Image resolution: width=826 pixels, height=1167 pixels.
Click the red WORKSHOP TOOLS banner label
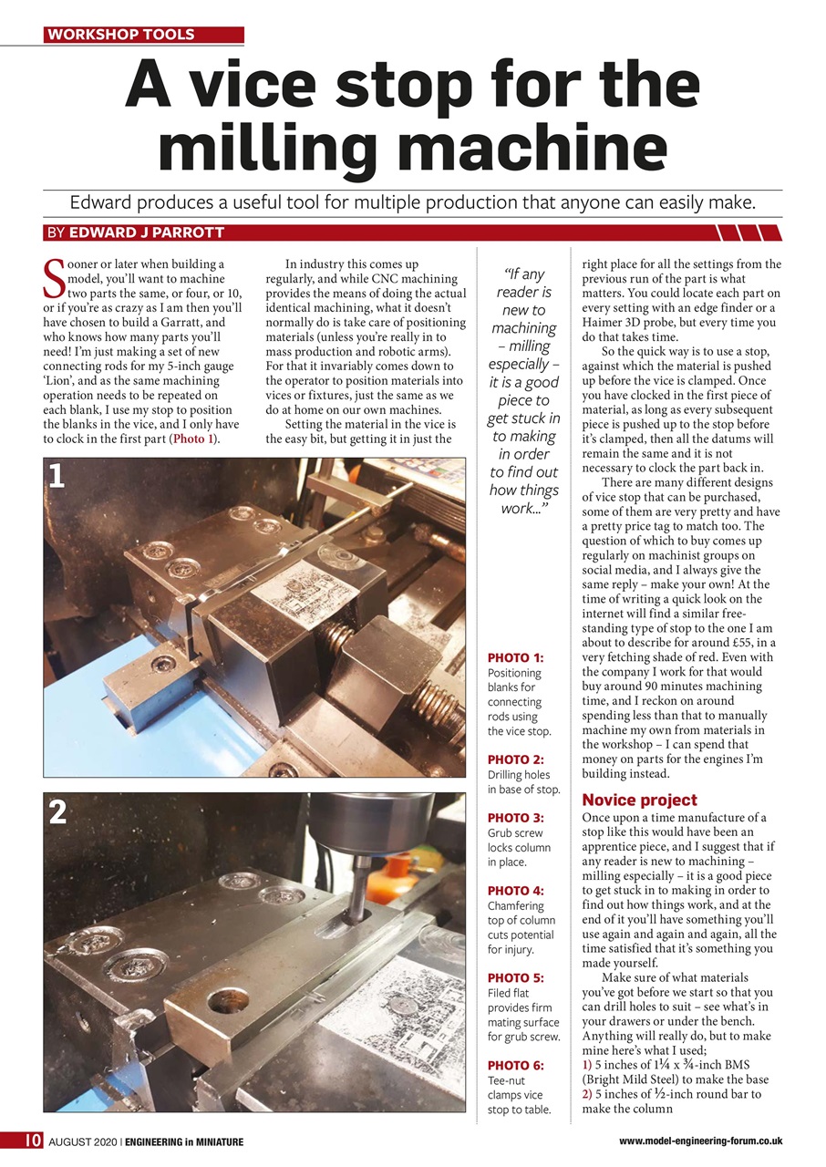coord(121,35)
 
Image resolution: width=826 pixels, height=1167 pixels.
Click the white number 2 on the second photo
coord(57,812)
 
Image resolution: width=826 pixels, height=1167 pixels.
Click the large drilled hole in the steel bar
coord(228,1002)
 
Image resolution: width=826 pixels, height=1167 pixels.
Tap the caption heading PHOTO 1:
coord(516,658)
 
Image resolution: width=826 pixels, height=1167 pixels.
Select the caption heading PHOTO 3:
coord(516,818)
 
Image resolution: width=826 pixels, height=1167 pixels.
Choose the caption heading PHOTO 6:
coord(516,1065)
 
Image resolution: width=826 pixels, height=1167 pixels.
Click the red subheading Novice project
coord(639,800)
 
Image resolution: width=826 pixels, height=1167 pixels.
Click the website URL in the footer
coord(700,1141)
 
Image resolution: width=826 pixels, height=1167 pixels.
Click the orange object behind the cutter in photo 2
coord(403,876)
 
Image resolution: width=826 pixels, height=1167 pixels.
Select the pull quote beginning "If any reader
coord(524,390)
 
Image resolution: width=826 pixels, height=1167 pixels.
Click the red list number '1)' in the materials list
coord(587,1065)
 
